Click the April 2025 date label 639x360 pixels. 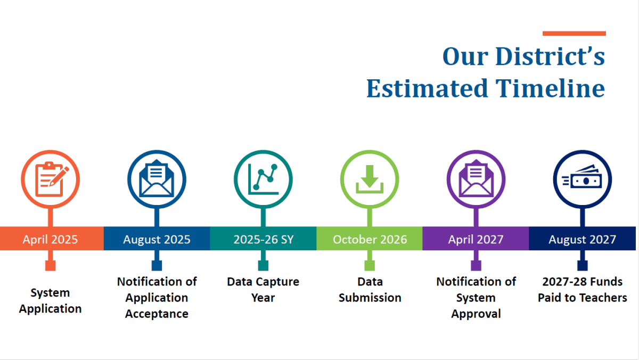pos(50,239)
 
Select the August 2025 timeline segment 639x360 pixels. pos(157,239)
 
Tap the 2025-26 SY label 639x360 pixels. pos(263,239)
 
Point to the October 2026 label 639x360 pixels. pos(370,239)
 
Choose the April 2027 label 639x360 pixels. pos(476,239)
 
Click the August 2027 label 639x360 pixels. pos(582,239)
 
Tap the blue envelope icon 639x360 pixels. pos(157,178)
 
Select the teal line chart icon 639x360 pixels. pos(263,179)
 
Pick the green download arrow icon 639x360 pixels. pos(370,179)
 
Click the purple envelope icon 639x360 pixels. pos(476,178)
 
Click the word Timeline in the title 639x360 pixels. pos(550,88)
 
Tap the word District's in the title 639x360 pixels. pos(550,56)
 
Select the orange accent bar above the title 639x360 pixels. pos(574,34)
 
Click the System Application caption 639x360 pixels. pos(50,301)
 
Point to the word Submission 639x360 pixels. pos(370,298)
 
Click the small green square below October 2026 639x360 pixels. pos(370,266)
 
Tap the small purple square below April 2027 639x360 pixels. pos(476,266)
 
